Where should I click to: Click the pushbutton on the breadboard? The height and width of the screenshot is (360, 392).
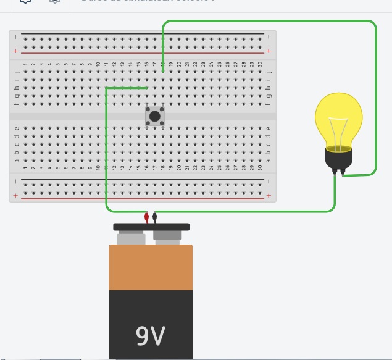[155, 116]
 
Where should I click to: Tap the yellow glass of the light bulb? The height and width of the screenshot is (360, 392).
[338, 117]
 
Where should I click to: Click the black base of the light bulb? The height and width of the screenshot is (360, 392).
[339, 161]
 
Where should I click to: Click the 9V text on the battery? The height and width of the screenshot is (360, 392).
[151, 336]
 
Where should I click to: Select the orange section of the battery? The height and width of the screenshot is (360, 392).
[151, 267]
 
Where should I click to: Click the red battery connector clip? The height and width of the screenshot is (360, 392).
[146, 217]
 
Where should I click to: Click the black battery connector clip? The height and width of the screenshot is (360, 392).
[155, 217]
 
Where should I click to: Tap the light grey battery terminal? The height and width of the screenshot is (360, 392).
[130, 237]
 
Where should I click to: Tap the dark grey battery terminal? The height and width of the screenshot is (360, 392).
[167, 237]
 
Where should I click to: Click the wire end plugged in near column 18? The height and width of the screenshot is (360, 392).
[163, 71]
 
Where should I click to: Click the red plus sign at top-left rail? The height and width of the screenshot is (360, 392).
[16, 51]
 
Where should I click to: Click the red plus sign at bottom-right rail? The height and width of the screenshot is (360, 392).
[269, 196]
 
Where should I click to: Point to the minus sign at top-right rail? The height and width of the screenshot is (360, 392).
[269, 36]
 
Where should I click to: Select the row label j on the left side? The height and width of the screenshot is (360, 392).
[17, 72]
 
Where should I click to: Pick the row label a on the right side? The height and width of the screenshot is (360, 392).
[269, 161]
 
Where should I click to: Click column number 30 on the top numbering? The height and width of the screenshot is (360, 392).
[260, 64]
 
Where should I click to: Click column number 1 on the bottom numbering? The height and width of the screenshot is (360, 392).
[25, 167]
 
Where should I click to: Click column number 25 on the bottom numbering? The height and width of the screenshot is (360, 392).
[220, 167]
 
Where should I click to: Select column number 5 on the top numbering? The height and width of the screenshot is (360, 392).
[57, 64]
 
